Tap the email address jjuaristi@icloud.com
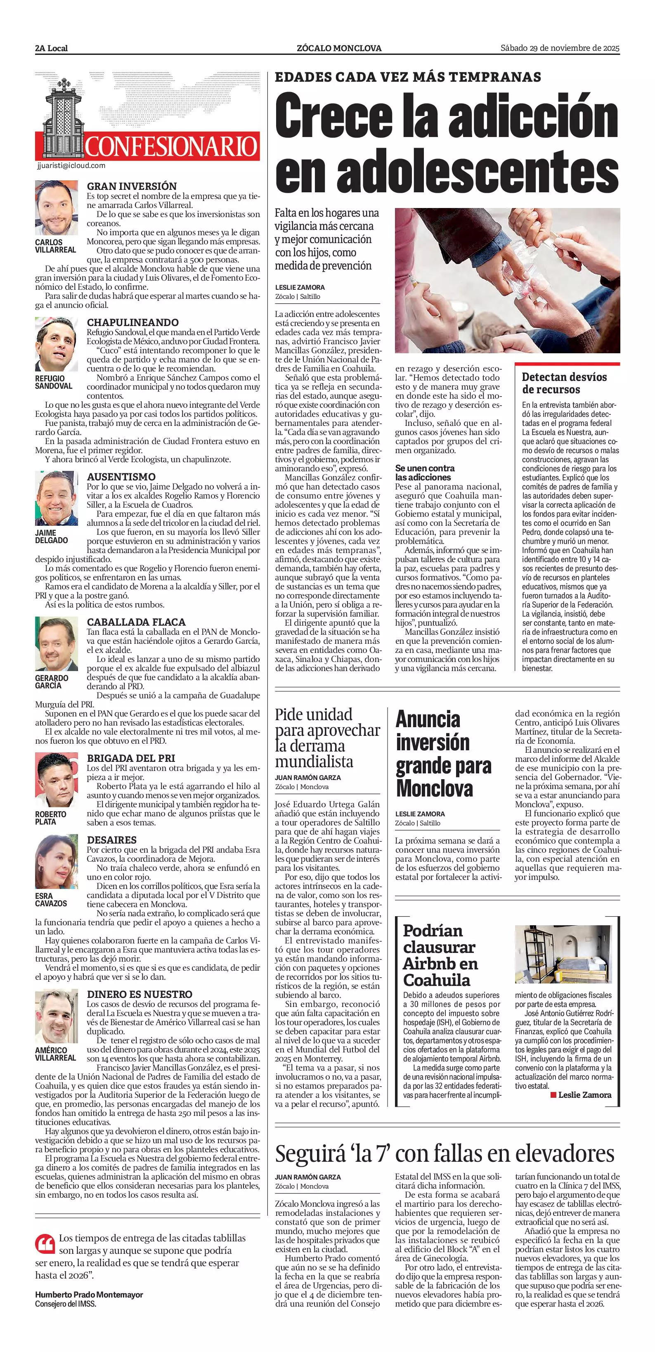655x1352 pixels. point(71,165)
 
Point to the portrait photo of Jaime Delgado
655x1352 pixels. point(56,499)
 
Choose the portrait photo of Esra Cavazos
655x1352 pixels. point(56,862)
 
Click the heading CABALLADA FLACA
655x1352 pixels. point(136,622)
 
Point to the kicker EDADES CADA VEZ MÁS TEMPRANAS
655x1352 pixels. point(408,77)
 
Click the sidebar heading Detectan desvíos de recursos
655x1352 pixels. point(564,383)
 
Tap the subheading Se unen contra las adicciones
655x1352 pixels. point(425,473)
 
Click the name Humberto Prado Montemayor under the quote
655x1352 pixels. point(89,1295)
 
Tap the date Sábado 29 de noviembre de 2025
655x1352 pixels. point(560,48)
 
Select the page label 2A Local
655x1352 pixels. point(52,49)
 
